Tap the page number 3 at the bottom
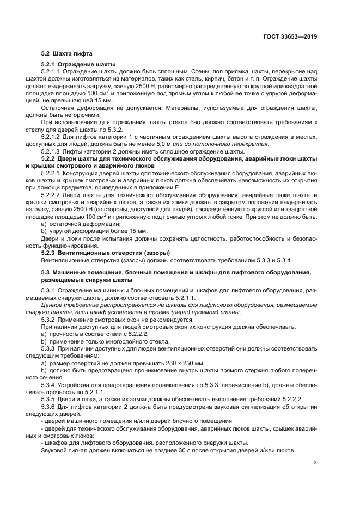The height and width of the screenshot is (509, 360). pyautogui.click(x=315, y=463)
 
